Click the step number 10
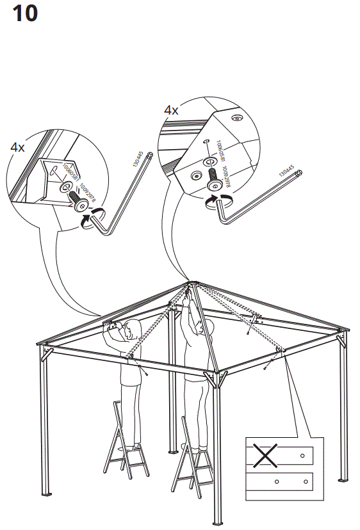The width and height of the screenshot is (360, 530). [x=25, y=13]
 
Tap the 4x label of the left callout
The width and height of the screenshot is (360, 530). [x=17, y=147]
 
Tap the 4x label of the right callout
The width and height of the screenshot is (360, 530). [x=171, y=110]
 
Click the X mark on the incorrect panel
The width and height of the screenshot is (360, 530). [x=263, y=456]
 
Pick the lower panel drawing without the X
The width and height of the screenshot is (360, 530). [x=282, y=481]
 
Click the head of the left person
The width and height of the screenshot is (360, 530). [x=133, y=331]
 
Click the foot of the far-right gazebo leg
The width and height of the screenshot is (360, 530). [x=341, y=479]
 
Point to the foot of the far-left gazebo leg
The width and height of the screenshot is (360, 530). [x=46, y=494]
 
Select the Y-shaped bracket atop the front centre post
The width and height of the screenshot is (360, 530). [x=215, y=378]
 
